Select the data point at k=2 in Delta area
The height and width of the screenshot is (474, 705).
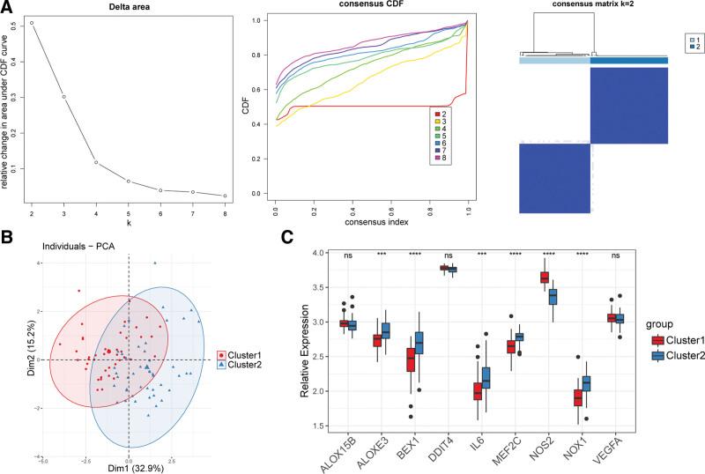(x=33, y=23)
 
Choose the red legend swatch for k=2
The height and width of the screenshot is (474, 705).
(x=437, y=113)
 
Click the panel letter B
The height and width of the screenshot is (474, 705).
(x=6, y=235)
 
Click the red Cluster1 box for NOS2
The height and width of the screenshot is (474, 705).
(x=544, y=278)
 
